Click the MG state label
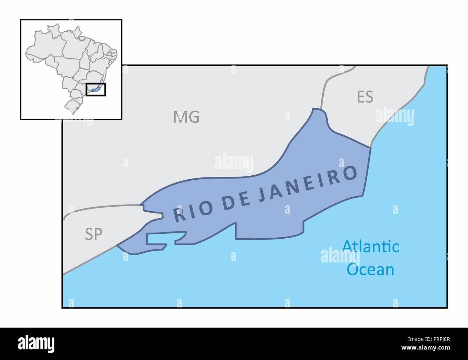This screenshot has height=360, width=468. pos(186,117)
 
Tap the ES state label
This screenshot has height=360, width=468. pos(365,97)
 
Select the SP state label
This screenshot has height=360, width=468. pos(94,235)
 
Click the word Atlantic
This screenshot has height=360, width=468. pos(370,247)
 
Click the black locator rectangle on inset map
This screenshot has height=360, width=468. pos(96,89)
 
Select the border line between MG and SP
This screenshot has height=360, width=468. pos(101,207)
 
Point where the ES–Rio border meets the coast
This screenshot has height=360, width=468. pos(371,147)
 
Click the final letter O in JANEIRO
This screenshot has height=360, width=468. pos(349,173)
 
